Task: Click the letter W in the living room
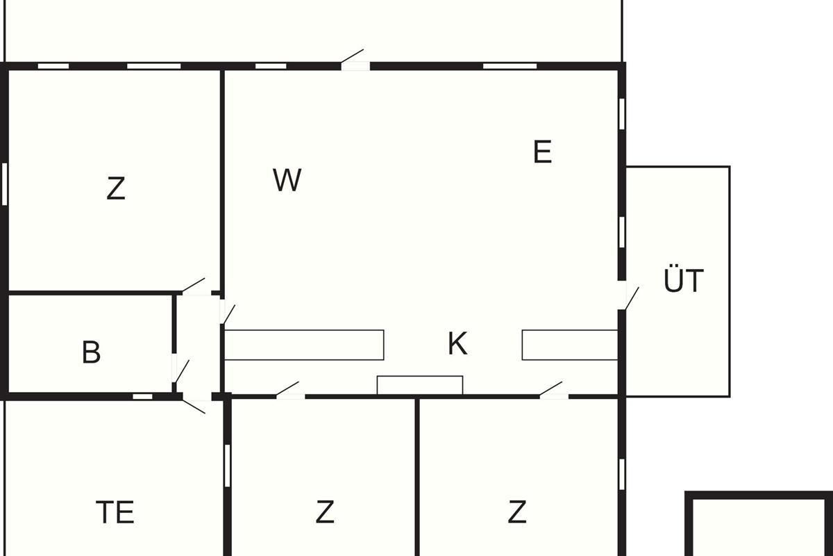[287, 181]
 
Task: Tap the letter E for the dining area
[542, 152]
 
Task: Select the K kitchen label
[457, 344]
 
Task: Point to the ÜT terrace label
[683, 281]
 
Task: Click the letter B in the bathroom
[91, 353]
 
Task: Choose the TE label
[115, 513]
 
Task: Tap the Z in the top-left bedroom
[116, 189]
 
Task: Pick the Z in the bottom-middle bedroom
[325, 513]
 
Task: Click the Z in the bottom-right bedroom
[516, 513]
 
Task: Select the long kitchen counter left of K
[304, 345]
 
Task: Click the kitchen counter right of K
[569, 345]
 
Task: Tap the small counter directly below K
[419, 385]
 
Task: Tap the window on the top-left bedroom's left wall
[5, 183]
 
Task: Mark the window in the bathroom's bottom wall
[142, 397]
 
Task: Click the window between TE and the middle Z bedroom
[227, 465]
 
